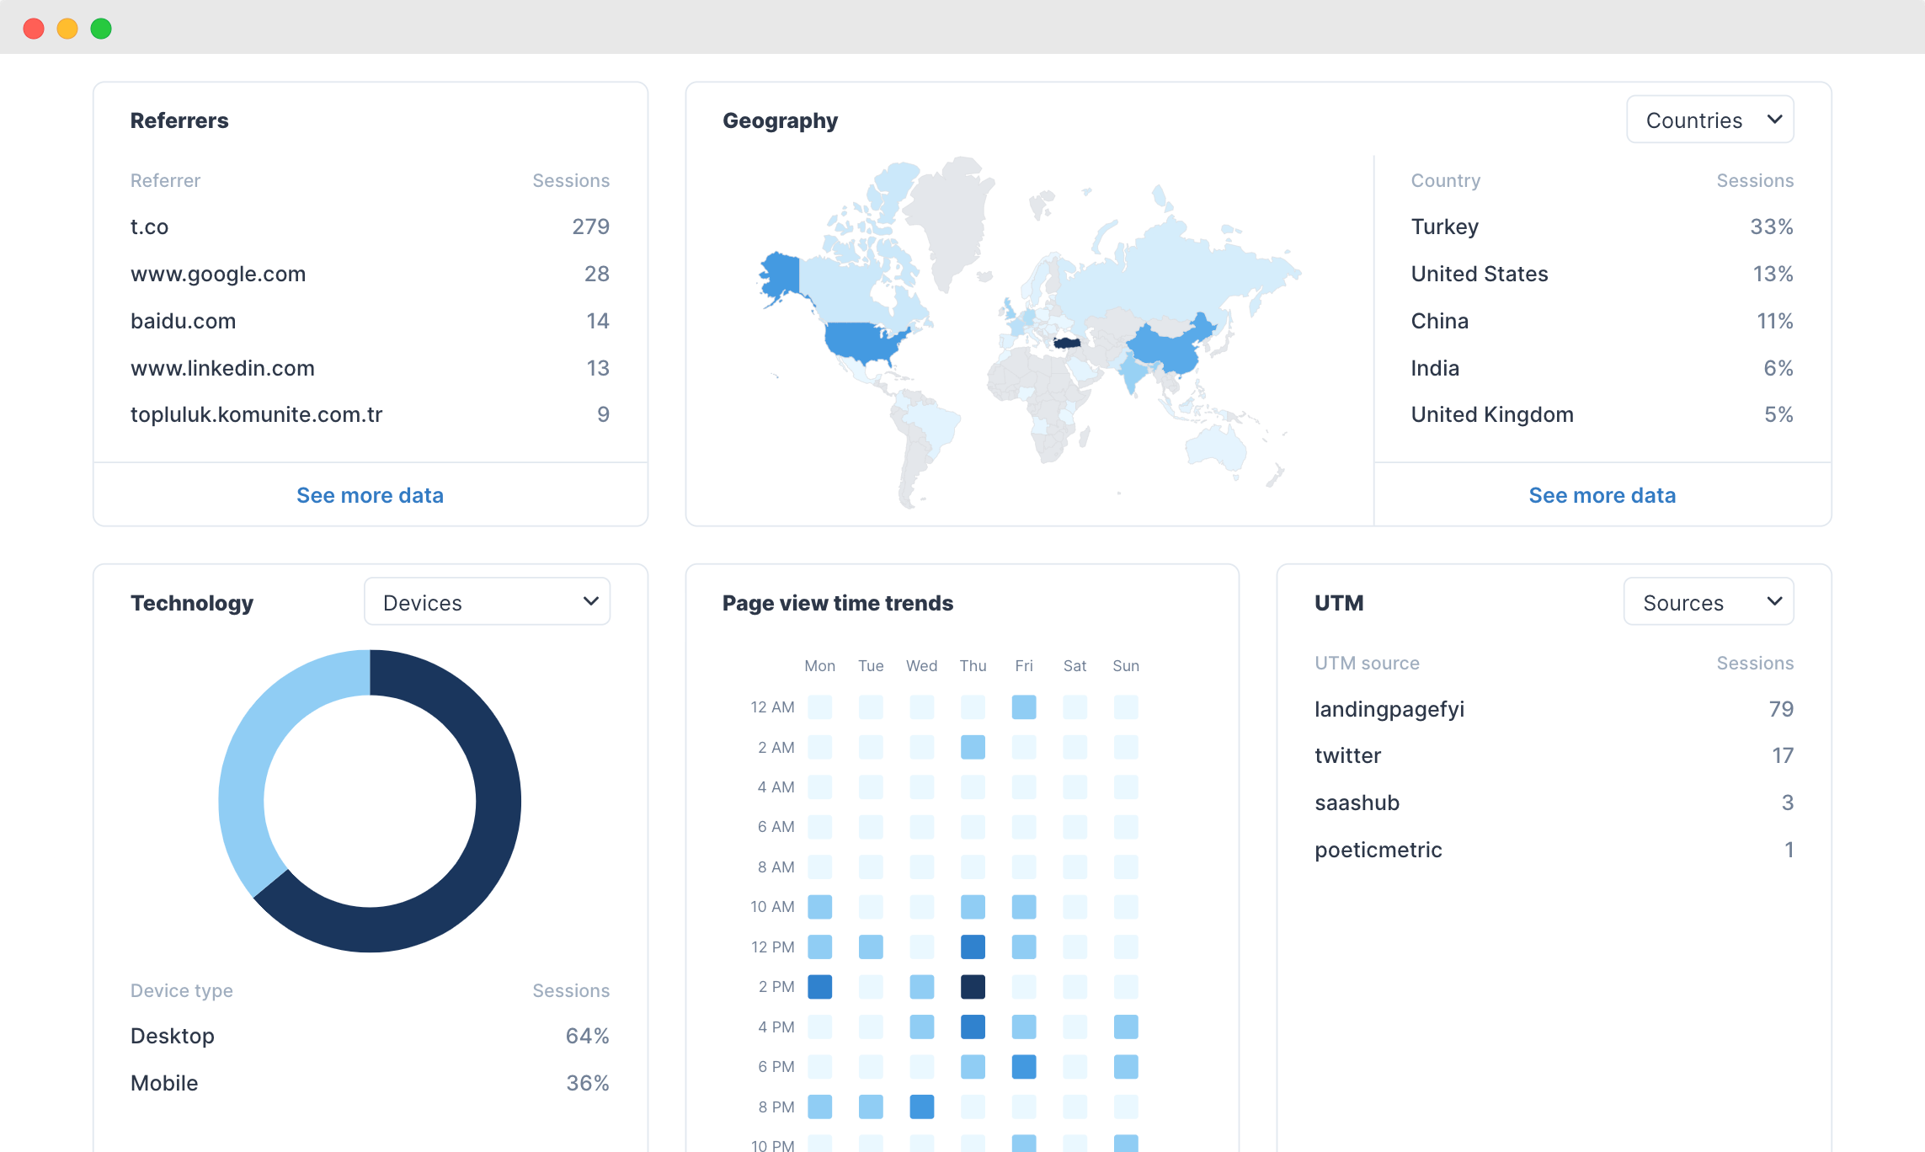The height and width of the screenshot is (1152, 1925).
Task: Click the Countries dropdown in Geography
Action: tap(1709, 120)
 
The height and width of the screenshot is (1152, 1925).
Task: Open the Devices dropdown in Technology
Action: tap(487, 602)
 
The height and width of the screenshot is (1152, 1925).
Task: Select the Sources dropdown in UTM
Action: tap(1708, 602)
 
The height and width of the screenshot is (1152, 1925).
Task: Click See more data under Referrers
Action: tap(370, 495)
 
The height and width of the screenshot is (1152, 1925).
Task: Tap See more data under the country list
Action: tap(1602, 495)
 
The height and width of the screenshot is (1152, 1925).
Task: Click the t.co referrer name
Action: tap(150, 227)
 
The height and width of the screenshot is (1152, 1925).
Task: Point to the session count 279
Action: tap(590, 227)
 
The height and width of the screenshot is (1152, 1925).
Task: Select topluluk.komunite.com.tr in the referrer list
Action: tap(256, 415)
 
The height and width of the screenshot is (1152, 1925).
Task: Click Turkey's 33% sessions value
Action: tap(1771, 227)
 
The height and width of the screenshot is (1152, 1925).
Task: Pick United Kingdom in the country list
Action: tap(1492, 415)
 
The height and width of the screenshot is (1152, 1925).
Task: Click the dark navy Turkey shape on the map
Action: tap(1067, 343)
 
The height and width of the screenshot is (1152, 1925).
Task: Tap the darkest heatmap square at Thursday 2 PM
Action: tap(973, 987)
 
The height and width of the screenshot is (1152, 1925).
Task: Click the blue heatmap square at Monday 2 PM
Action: tap(819, 987)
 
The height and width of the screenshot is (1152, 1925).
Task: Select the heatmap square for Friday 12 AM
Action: tap(1024, 707)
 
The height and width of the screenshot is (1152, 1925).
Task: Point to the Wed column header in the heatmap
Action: tap(921, 666)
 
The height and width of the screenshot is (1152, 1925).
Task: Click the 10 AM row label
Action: tap(772, 907)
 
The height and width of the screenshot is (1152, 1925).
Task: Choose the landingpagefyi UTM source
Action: tap(1389, 710)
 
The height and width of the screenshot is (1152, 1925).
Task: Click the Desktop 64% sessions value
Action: tap(587, 1037)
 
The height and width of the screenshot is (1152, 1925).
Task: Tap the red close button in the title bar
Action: tap(34, 29)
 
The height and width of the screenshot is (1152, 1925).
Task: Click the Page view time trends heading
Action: tap(837, 603)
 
